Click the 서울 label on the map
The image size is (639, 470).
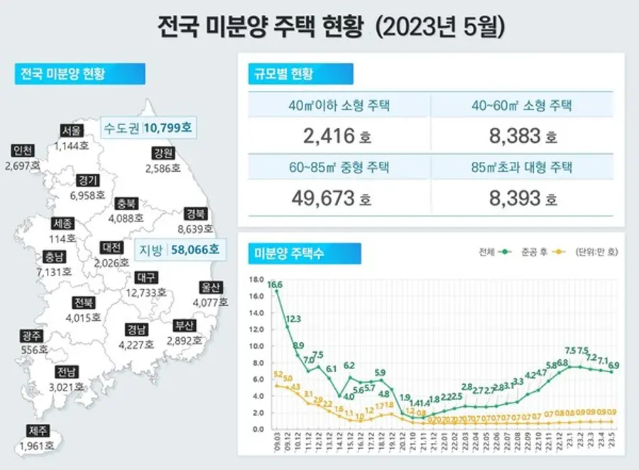(x=72, y=131)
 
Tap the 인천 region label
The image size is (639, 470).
(x=22, y=151)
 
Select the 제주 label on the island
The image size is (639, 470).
(x=38, y=430)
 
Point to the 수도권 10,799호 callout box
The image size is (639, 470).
(x=148, y=129)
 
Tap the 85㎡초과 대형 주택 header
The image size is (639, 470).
(x=521, y=168)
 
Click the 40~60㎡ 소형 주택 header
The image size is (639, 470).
(x=521, y=106)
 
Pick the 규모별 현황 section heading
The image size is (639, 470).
(x=280, y=74)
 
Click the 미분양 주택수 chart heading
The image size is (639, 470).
(x=286, y=253)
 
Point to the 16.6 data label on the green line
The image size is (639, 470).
(x=275, y=284)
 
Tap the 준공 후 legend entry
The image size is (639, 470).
(x=533, y=251)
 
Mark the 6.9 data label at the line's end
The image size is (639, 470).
(x=613, y=365)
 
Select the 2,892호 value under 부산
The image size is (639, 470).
(x=184, y=340)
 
